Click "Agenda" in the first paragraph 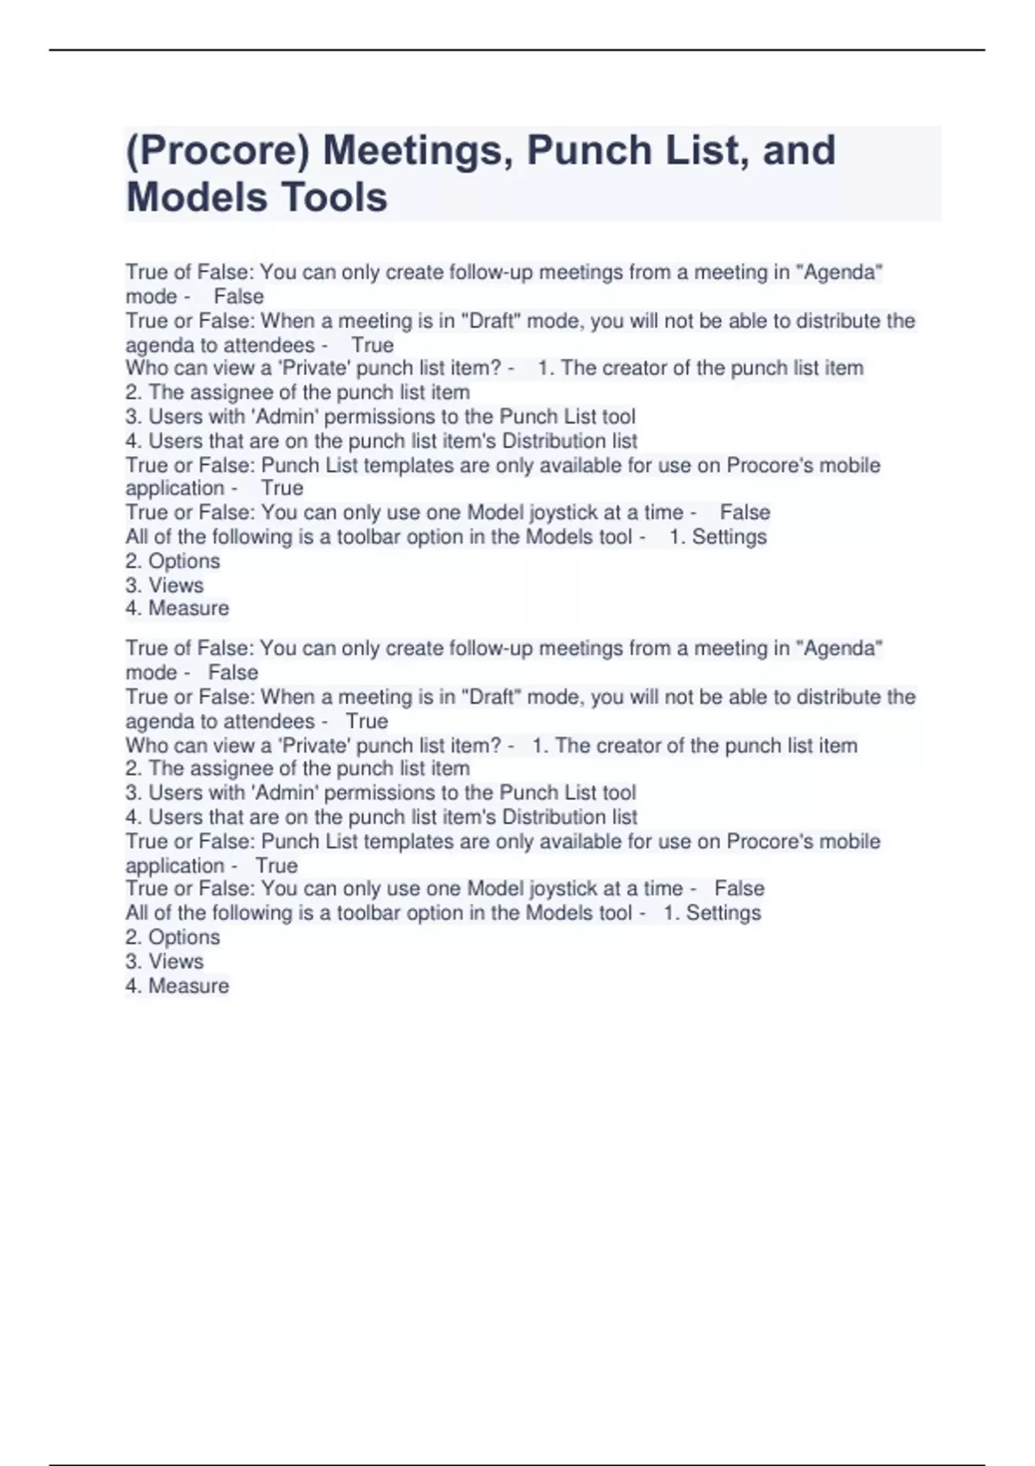tap(843, 273)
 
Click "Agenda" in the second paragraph tap(843, 648)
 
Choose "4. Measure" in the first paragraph tap(177, 609)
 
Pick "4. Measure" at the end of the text tap(177, 986)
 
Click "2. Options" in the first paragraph tap(172, 561)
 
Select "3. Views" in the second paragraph tap(165, 962)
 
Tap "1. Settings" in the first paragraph tap(718, 537)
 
